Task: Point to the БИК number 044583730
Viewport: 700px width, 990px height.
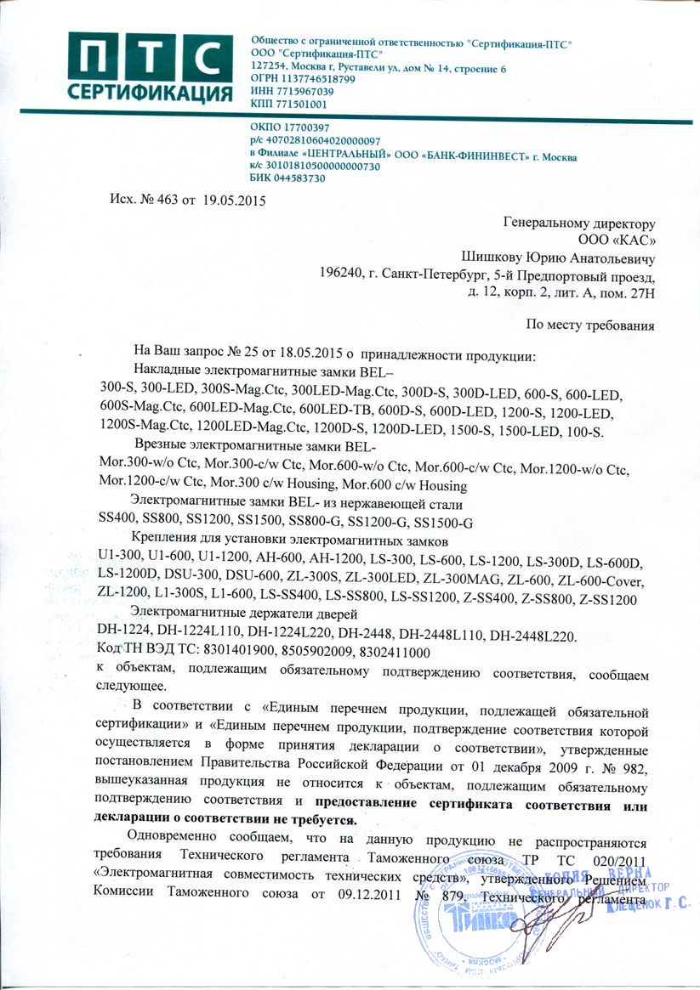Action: (x=299, y=178)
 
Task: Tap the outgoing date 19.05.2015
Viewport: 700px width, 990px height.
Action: (x=234, y=201)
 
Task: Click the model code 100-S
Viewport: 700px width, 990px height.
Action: (x=583, y=433)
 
